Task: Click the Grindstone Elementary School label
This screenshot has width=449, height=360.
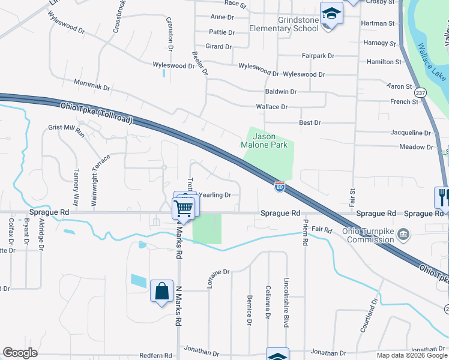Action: click(298, 24)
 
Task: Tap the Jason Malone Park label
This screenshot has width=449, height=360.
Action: click(268, 140)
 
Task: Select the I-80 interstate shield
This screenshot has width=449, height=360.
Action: click(280, 187)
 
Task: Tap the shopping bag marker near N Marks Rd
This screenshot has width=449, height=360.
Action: click(161, 292)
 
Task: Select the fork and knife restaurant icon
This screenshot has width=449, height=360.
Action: click(442, 196)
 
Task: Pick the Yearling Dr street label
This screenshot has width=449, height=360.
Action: click(215, 195)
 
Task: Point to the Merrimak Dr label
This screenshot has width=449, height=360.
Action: click(92, 87)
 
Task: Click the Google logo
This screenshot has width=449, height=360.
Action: click(20, 353)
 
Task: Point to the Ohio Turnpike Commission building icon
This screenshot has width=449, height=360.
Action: click(403, 233)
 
